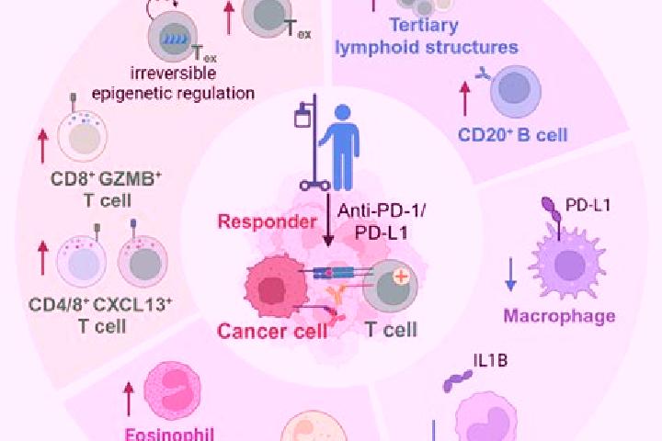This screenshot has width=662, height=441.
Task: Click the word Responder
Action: point(267,222)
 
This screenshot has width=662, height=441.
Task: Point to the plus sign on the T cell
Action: point(401,277)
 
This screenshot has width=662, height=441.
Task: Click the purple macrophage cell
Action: point(568,264)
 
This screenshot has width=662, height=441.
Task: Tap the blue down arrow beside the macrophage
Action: point(511,275)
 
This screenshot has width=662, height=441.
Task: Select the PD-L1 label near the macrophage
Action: point(588,206)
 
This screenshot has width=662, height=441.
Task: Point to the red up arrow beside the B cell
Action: point(465,99)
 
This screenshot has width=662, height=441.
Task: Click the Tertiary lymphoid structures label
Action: point(427,37)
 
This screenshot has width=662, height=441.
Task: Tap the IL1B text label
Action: point(490,361)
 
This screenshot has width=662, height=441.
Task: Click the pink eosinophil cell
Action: point(172,390)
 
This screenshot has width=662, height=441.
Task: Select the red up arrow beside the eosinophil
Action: point(129,400)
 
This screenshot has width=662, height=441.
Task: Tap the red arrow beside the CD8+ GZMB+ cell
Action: point(42,146)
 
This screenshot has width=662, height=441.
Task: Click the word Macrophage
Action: point(559,316)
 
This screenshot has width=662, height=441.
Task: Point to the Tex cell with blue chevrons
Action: point(173,37)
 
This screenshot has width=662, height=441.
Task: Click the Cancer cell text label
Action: point(272,332)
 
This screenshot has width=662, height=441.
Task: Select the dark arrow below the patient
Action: point(328,220)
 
